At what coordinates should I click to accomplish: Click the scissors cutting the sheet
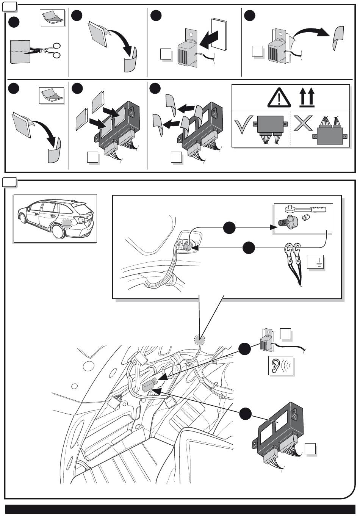pos(47,50)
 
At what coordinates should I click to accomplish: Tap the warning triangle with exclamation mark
pos(279,97)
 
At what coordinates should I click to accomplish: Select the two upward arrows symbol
pos(307,97)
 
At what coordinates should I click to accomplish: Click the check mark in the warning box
pos(243,127)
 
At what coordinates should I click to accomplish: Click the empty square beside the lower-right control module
pos(310,449)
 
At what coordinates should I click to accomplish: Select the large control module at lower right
pos(280,432)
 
